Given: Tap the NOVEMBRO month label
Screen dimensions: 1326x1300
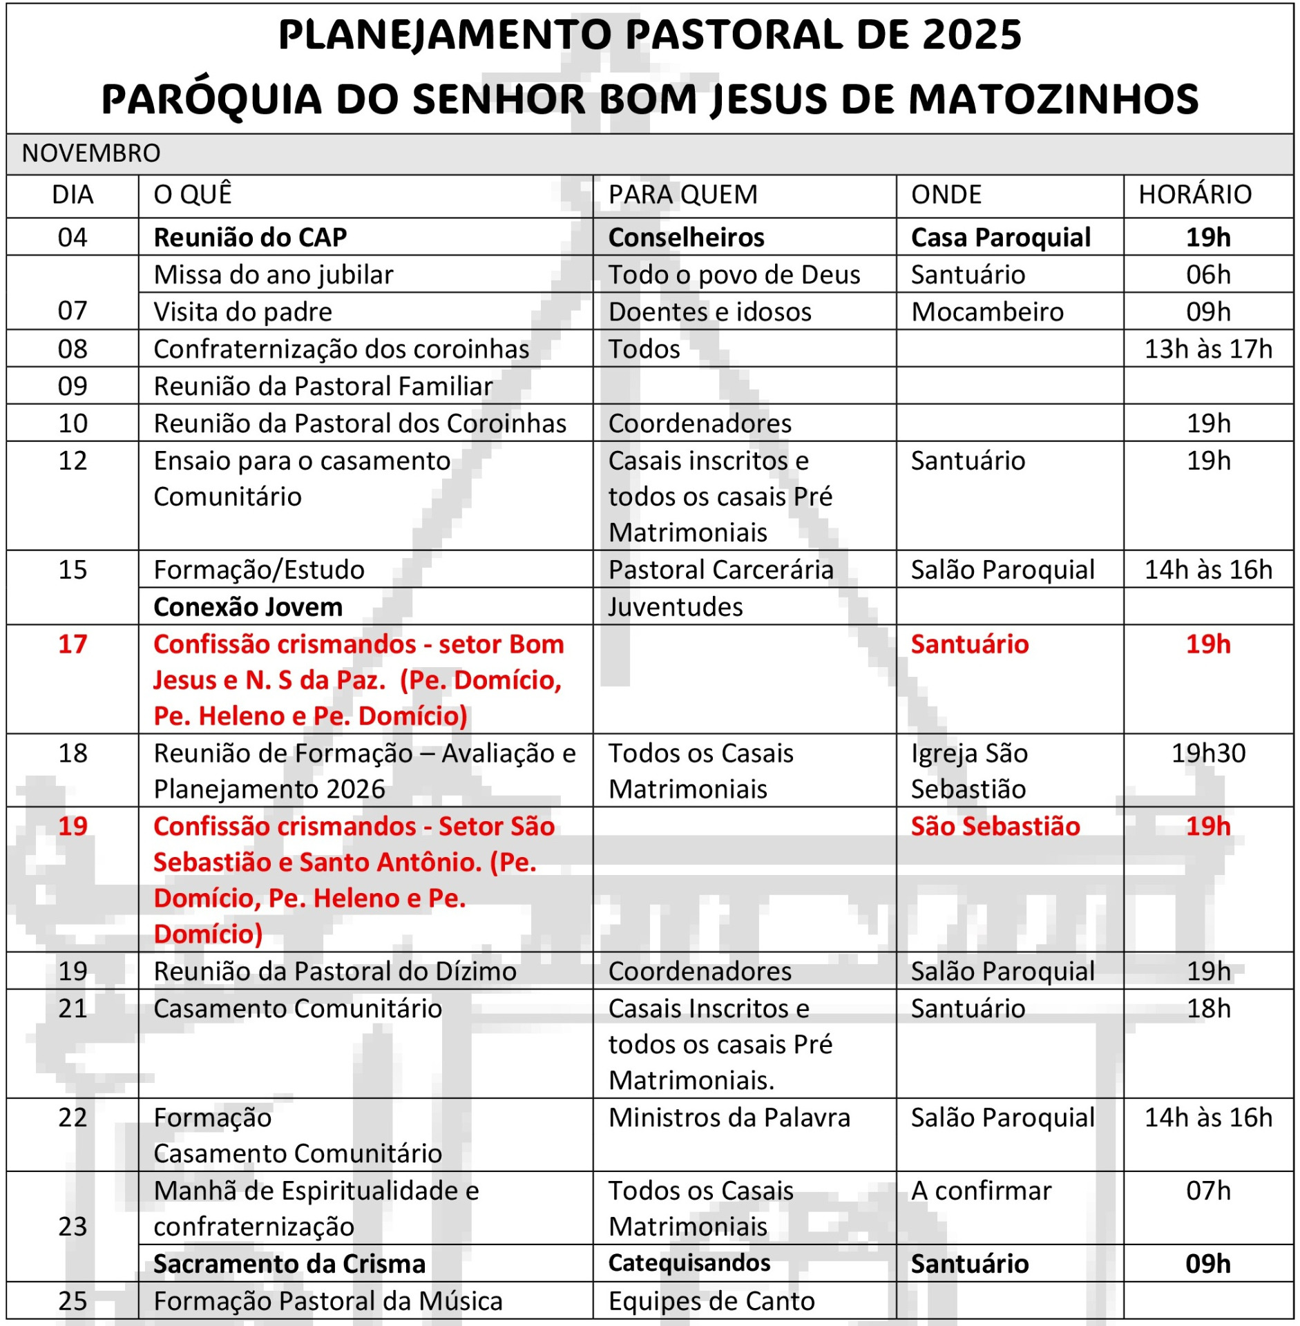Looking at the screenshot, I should [91, 153].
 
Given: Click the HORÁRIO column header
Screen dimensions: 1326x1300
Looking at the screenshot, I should [1194, 195].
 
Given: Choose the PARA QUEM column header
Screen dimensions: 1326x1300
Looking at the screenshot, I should [682, 195].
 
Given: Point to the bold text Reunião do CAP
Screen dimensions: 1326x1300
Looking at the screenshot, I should [250, 238].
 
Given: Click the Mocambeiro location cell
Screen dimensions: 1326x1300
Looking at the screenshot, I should [987, 312].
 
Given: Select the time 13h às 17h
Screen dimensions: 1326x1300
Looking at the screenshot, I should [1207, 349].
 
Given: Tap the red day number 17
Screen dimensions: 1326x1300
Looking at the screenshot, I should [73, 644].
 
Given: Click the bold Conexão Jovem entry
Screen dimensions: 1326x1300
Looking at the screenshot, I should [248, 607].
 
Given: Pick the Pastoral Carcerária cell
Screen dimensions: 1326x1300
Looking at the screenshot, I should [720, 570].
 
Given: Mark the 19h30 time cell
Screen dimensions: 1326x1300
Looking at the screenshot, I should [1207, 753].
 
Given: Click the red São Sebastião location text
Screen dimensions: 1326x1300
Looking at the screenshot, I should [995, 827].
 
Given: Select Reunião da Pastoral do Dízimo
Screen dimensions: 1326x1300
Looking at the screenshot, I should [335, 972].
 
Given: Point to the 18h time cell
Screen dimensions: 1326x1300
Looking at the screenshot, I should [1208, 1009].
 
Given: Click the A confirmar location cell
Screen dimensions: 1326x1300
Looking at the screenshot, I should [981, 1191].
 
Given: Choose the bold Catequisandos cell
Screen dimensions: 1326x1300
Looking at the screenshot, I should [689, 1263].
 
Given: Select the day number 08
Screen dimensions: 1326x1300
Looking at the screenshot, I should [73, 349].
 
